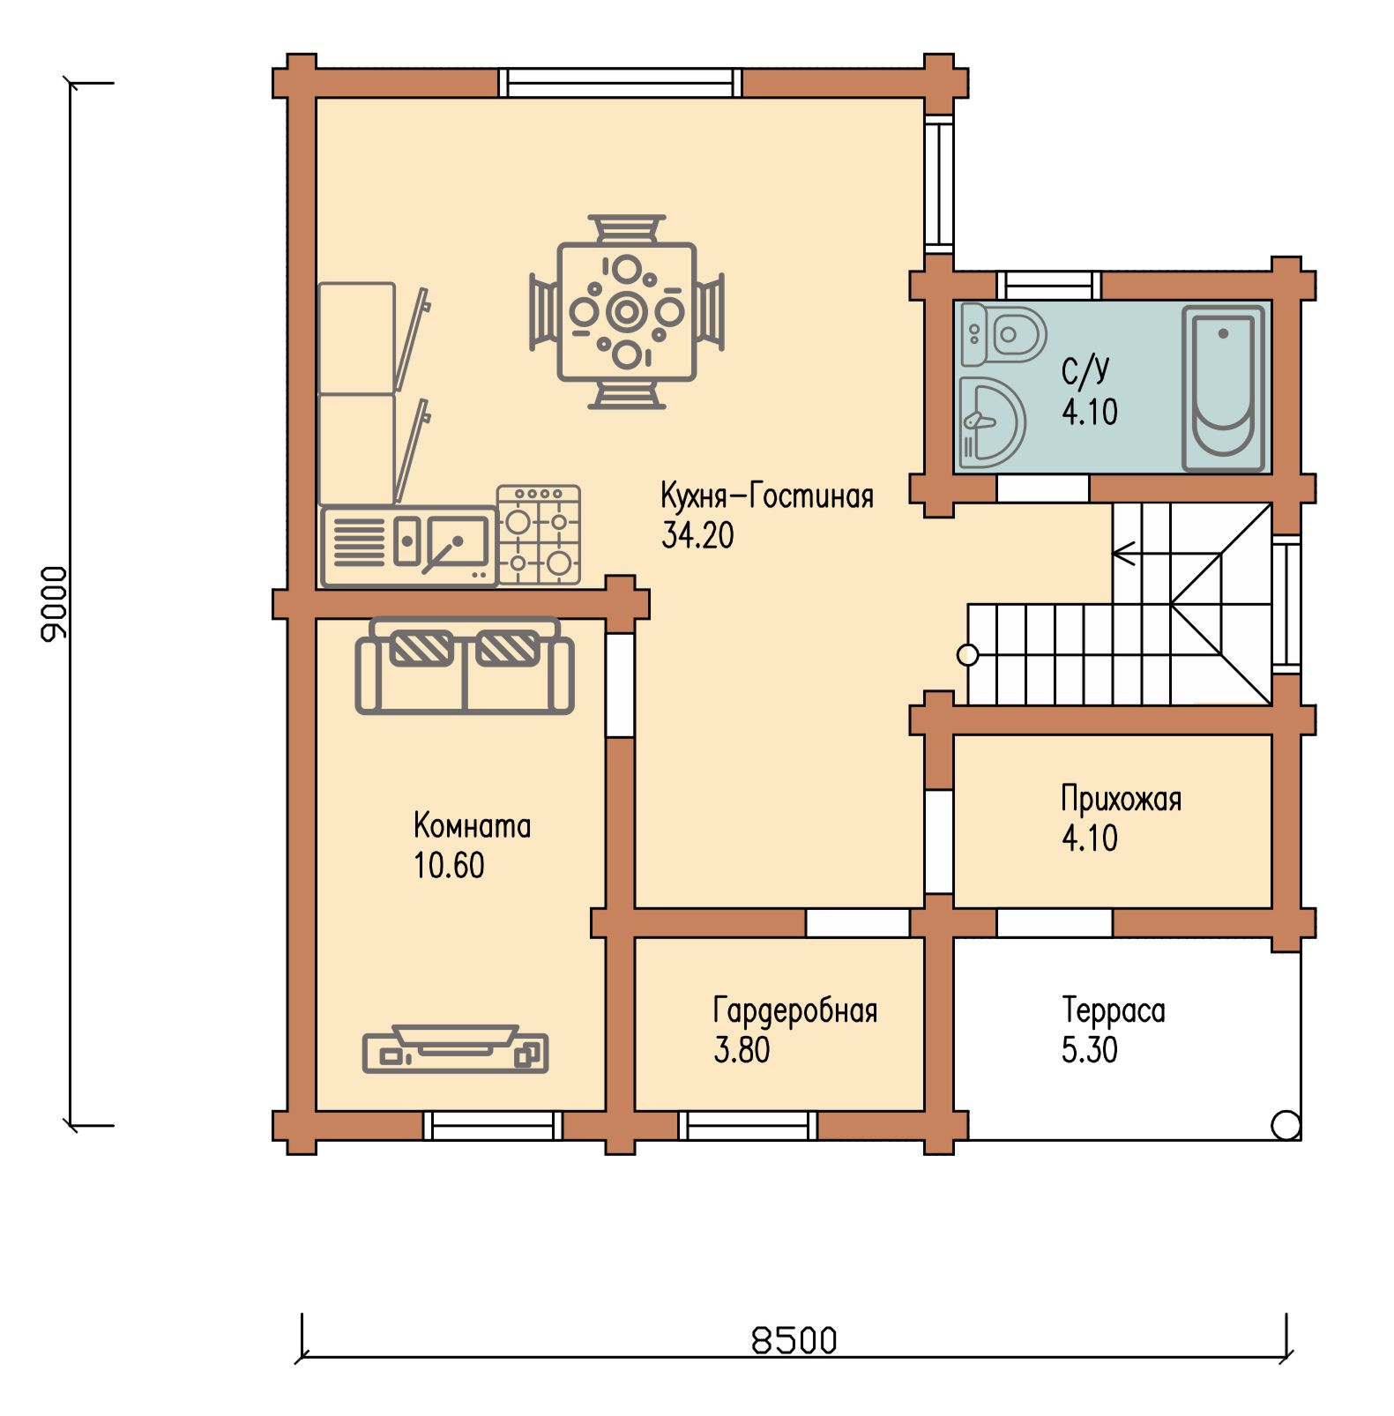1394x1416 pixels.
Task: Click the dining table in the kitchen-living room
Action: (x=627, y=312)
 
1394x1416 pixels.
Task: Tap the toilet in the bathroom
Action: (x=1003, y=335)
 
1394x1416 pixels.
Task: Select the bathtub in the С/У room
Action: (x=1224, y=389)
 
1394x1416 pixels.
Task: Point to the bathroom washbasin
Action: (x=991, y=422)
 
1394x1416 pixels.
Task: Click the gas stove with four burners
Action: (x=538, y=534)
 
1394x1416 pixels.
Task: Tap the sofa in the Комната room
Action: (x=465, y=666)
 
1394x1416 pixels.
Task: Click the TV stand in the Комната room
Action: (x=455, y=1049)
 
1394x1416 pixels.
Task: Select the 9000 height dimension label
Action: (x=54, y=604)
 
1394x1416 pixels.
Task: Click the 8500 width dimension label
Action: (x=794, y=1340)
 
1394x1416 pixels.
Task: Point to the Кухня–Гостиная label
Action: (x=767, y=496)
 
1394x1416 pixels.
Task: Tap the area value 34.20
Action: (x=697, y=535)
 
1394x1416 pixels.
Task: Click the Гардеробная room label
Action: (x=795, y=1010)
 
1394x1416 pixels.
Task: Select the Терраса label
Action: (x=1114, y=1010)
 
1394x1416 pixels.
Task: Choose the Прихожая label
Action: (x=1122, y=799)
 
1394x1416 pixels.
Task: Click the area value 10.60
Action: (x=450, y=866)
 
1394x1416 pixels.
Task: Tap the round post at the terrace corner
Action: (x=1286, y=1125)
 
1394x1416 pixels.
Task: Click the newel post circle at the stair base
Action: (x=968, y=655)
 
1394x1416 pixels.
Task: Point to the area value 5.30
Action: (x=1090, y=1050)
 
